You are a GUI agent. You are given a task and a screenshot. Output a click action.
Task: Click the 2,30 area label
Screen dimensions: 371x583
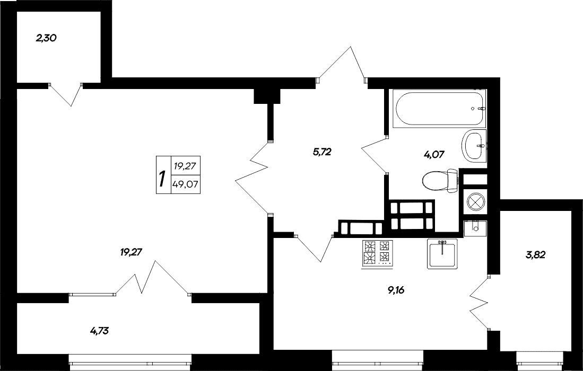46,38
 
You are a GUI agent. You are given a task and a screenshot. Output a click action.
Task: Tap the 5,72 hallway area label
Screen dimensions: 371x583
322,152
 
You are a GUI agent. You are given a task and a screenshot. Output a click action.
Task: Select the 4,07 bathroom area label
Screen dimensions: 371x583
433,155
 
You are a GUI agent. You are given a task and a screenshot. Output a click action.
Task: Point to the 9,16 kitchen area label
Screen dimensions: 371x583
400,290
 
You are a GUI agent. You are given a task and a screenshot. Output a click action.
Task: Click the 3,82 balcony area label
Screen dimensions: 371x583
536,254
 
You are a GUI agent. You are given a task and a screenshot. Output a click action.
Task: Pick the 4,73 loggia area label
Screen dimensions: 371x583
100,332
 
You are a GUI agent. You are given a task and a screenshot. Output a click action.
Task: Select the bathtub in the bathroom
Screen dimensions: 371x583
439,109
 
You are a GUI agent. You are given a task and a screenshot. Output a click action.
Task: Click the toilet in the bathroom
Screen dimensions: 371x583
441,181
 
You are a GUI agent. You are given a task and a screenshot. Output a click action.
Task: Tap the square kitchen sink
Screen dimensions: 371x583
442,253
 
